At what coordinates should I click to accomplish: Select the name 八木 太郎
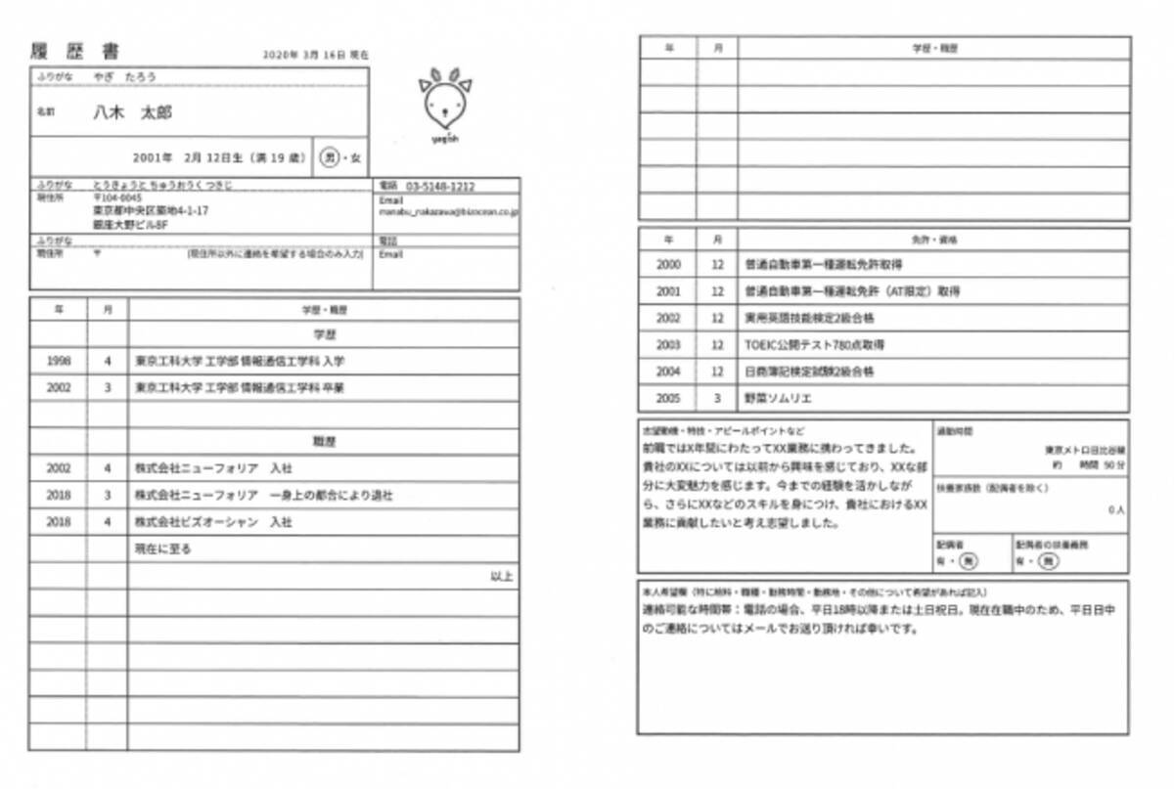(x=132, y=112)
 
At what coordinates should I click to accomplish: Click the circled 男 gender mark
(x=330, y=156)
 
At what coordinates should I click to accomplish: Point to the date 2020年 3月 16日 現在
(x=316, y=56)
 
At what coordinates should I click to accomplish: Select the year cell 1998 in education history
(x=59, y=361)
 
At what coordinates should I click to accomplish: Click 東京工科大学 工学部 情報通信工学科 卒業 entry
(x=239, y=387)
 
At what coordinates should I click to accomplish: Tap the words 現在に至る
(x=162, y=548)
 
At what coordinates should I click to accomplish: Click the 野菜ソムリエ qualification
(x=778, y=398)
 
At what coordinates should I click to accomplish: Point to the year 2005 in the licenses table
(x=668, y=398)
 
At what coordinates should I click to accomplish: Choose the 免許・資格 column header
(x=933, y=239)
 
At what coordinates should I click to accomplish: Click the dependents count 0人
(x=1114, y=510)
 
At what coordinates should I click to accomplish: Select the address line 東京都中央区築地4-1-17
(x=151, y=210)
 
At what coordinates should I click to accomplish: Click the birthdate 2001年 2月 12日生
(x=187, y=156)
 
